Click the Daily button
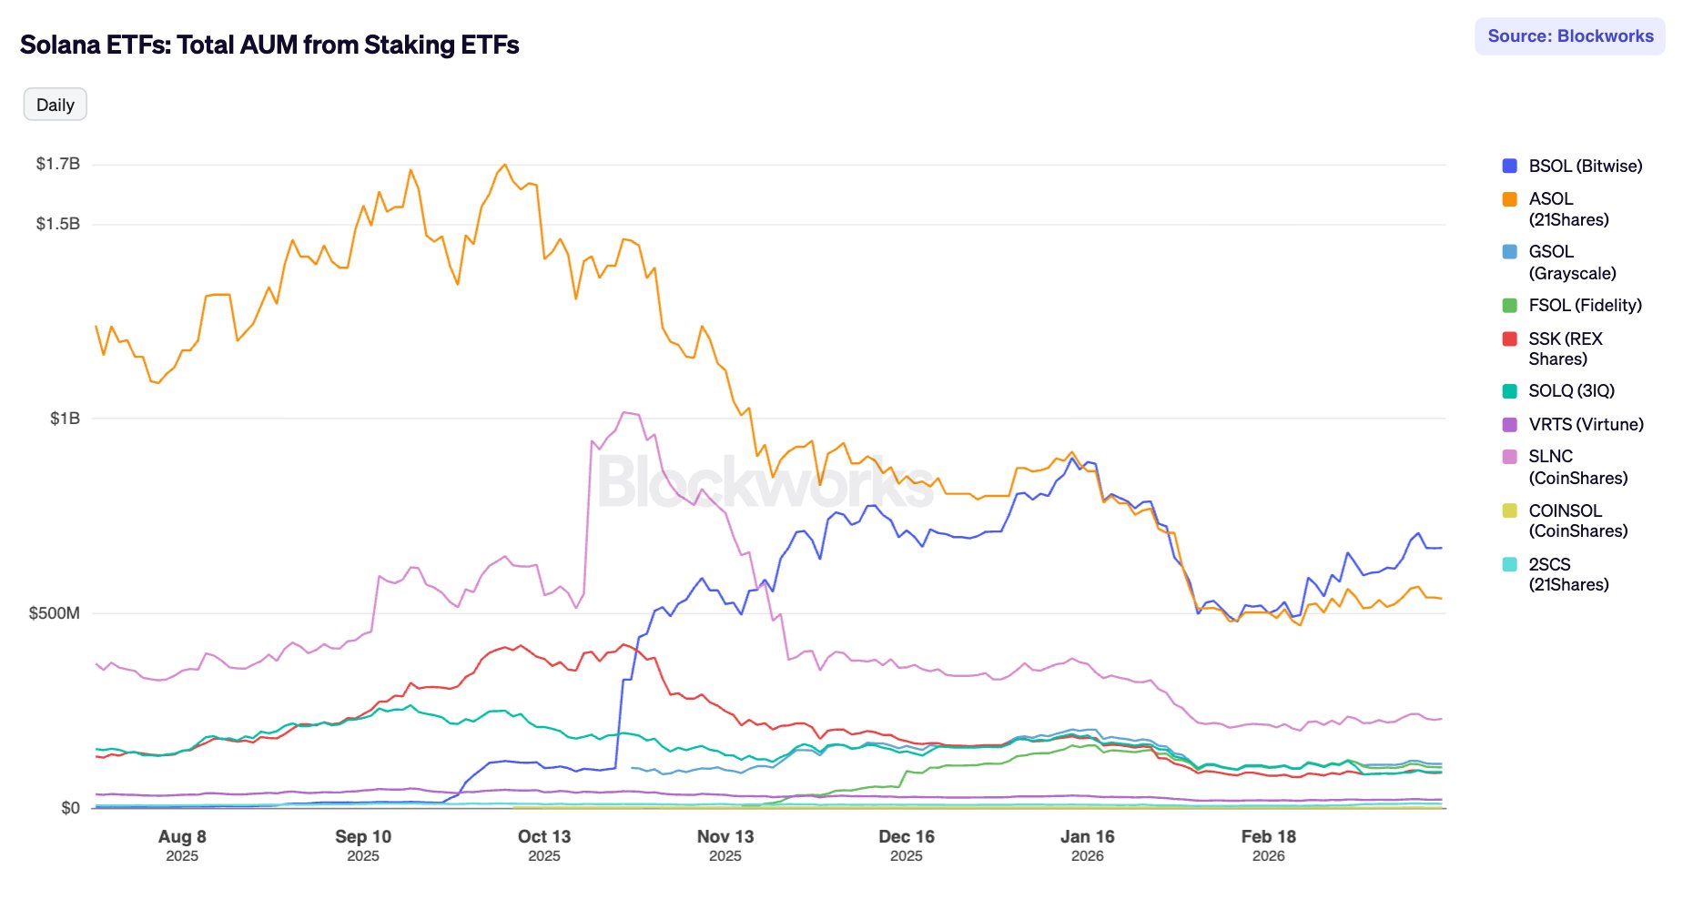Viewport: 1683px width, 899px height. pos(55,105)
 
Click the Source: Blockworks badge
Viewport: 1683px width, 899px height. pos(1569,36)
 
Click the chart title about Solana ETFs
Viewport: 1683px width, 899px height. pos(269,45)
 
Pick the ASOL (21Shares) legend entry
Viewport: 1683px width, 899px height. pos(1567,209)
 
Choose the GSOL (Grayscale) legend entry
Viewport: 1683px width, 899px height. pos(1571,262)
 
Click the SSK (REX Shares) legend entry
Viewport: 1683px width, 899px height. pos(1565,348)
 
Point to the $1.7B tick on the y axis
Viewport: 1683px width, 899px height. pos(58,164)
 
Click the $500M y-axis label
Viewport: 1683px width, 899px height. pos(55,613)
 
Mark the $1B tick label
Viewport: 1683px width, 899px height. pos(65,419)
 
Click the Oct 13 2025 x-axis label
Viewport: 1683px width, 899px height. pos(544,844)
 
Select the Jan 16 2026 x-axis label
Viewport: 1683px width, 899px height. pos(1087,844)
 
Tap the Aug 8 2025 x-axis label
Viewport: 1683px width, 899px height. pos(182,844)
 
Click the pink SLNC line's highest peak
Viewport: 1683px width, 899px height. pos(625,412)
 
